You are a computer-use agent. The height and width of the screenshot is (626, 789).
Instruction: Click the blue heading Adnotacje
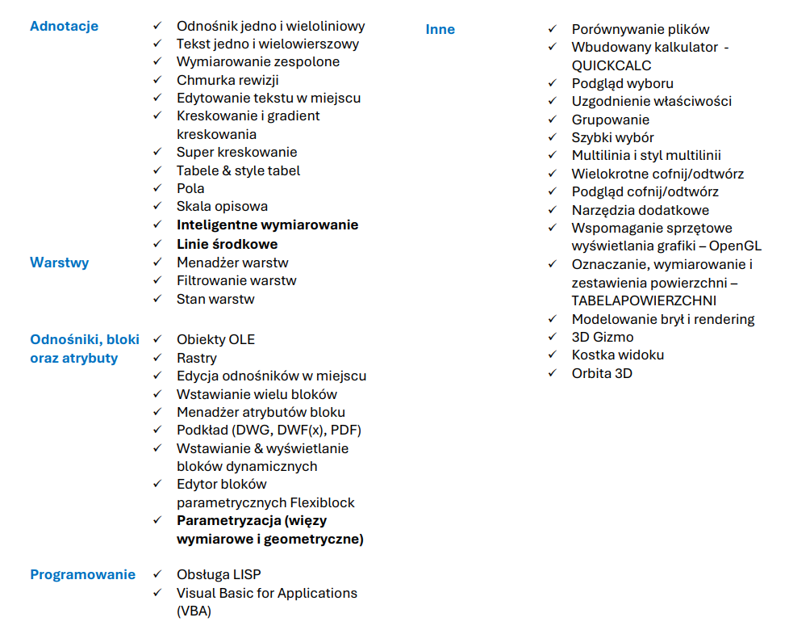[x=64, y=26]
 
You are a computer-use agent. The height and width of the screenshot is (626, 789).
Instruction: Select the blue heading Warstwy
[x=59, y=263]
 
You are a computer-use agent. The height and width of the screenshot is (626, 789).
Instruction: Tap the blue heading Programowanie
[x=82, y=574]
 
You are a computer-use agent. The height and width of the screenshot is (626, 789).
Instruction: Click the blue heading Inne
[x=440, y=29]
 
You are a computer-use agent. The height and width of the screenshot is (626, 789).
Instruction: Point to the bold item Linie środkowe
[x=227, y=244]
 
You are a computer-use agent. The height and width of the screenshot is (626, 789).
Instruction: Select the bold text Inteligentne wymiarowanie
[x=267, y=225]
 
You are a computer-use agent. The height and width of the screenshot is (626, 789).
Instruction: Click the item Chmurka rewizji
[x=228, y=79]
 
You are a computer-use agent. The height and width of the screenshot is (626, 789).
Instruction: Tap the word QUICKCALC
[x=611, y=65]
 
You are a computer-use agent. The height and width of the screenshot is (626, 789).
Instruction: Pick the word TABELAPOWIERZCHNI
[x=644, y=300]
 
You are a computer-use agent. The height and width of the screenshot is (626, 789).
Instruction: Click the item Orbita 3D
[x=602, y=373]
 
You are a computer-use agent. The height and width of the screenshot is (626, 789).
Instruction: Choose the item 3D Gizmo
[x=603, y=337]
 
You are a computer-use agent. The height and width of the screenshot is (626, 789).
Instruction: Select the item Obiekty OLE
[x=215, y=339]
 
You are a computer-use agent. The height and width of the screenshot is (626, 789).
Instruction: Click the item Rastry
[x=197, y=358]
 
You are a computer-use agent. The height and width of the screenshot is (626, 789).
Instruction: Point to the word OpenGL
[x=735, y=246]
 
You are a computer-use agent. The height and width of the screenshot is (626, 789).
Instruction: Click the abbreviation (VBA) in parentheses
[x=194, y=611]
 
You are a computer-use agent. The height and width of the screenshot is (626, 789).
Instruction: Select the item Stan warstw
[x=215, y=299]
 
